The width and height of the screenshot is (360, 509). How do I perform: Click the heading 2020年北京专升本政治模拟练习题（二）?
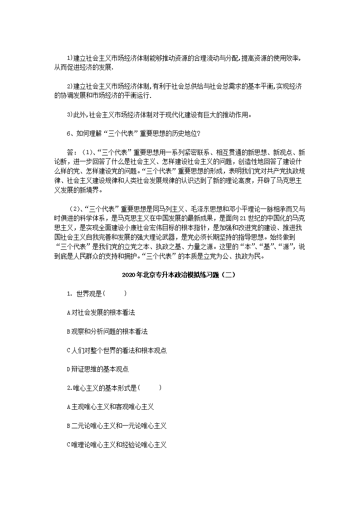click(180, 275)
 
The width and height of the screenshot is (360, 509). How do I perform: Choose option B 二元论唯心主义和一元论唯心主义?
click(117, 426)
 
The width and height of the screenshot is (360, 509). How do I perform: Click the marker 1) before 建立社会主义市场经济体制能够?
click(69, 58)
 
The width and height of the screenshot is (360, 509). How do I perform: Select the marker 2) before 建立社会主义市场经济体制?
click(69, 86)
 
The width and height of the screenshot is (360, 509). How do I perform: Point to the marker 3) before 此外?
click(69, 114)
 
